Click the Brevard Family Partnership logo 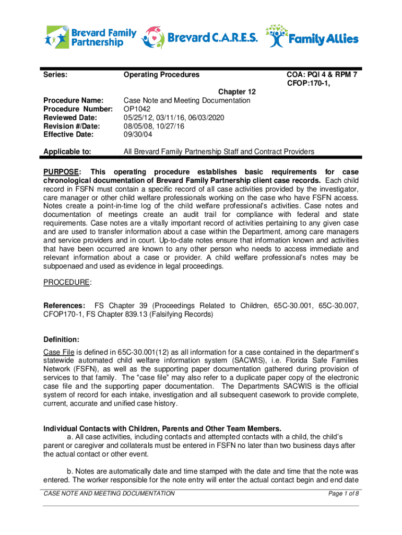(x=91, y=37)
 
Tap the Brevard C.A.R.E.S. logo (x=200, y=37)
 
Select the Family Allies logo (x=313, y=37)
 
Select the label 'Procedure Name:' (x=74, y=100)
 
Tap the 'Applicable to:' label (x=67, y=152)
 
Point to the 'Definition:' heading (x=61, y=340)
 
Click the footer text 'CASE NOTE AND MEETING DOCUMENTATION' (x=109, y=494)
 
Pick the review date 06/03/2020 (x=206, y=118)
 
